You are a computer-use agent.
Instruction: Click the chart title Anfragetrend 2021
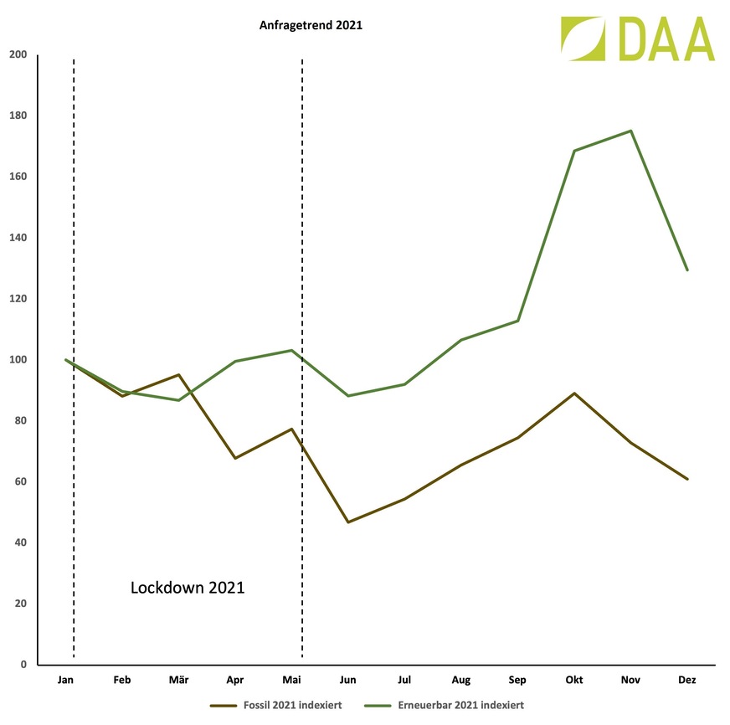310,26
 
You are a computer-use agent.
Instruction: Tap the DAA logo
638,39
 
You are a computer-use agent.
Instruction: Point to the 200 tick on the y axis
18,55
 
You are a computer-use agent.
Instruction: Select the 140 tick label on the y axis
18,238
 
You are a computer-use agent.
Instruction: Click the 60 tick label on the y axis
20,481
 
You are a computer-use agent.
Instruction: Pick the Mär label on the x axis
178,681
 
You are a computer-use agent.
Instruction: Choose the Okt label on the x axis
574,681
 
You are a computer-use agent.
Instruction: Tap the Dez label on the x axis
686,681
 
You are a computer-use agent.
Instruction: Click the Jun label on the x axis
347,681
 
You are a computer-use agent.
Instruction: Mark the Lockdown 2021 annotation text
188,588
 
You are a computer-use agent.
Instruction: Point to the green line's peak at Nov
630,131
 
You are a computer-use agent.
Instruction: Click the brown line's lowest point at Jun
347,522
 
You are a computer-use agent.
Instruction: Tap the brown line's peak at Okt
574,393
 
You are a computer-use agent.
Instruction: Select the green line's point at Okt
574,151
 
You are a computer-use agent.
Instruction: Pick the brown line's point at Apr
235,458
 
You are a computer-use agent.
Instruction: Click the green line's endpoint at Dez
686,270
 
